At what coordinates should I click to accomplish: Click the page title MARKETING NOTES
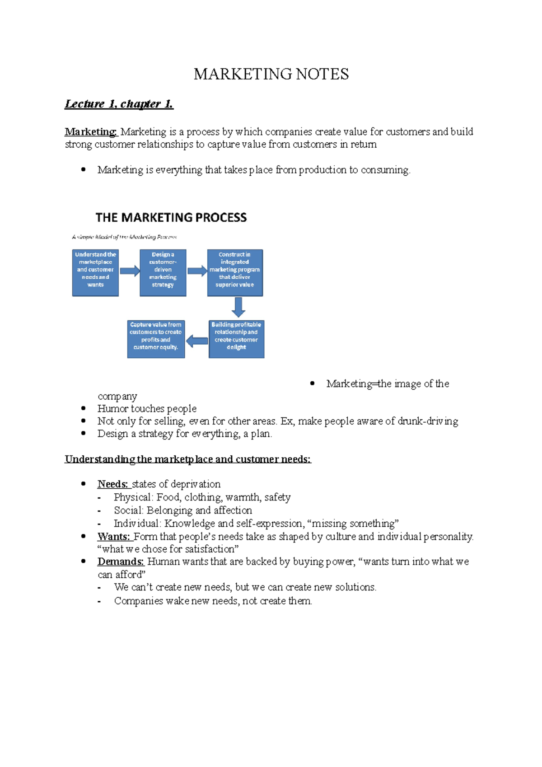pos(271,74)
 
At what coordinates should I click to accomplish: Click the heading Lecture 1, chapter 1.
pos(119,104)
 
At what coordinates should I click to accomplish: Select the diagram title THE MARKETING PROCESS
pos(171,218)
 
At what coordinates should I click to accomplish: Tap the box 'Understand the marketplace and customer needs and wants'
pos(95,273)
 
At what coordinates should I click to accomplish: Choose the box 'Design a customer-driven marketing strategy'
pos(163,273)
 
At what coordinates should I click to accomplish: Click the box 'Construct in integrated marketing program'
pos(235,273)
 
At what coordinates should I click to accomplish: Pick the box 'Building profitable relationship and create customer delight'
pos(236,339)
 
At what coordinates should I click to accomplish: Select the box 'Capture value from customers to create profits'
pos(156,339)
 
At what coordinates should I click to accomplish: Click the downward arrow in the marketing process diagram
pos(238,307)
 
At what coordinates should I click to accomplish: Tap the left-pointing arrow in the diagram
pos(197,341)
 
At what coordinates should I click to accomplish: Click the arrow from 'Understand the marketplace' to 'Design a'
pos(130,271)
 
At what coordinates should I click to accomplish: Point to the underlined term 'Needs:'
pos(113,484)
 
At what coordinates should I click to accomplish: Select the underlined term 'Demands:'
pos(121,562)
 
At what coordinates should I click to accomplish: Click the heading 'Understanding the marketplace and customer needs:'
pos(188,459)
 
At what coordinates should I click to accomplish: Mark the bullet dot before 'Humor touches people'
pos(83,408)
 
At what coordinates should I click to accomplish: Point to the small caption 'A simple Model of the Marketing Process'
pos(124,237)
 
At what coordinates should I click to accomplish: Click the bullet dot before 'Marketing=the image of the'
pos(312,383)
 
